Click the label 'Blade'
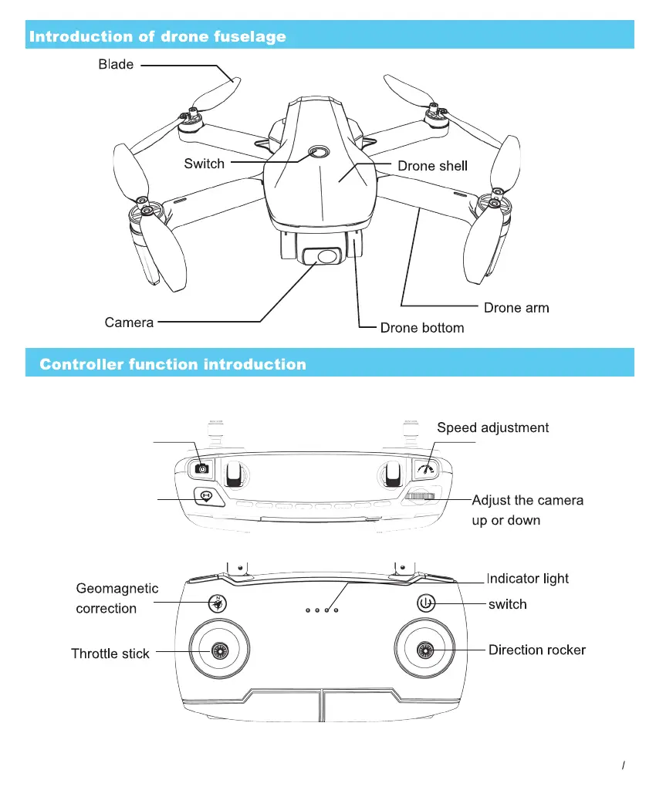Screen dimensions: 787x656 click(x=116, y=65)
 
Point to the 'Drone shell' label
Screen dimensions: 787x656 click(x=432, y=166)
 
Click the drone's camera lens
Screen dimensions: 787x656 click(x=327, y=256)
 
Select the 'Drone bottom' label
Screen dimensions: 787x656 click(x=422, y=328)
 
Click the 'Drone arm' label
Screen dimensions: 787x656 click(x=516, y=308)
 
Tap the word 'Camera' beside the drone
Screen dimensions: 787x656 click(x=129, y=322)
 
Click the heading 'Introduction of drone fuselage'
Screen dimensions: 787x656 click(x=157, y=36)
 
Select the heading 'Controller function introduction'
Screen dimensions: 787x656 click(x=173, y=364)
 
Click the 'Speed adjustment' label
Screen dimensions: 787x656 click(x=493, y=427)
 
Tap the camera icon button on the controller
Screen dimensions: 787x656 click(x=202, y=468)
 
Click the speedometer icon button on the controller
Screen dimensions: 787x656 click(x=426, y=468)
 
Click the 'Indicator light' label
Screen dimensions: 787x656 click(x=528, y=579)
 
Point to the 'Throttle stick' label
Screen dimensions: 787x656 click(x=110, y=654)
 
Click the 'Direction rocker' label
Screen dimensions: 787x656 click(x=537, y=650)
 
